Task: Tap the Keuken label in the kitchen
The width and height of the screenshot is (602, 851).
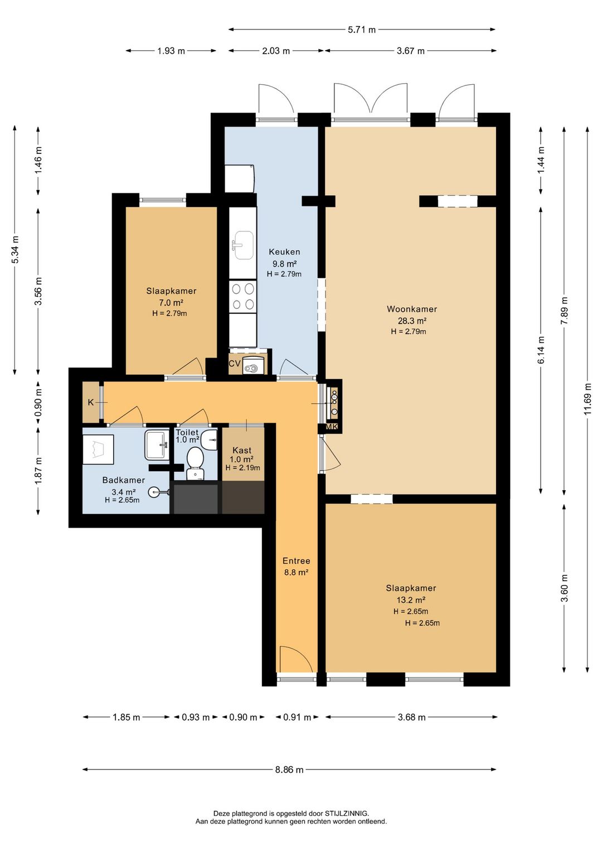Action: click(284, 252)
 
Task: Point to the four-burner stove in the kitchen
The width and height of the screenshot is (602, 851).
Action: click(242, 296)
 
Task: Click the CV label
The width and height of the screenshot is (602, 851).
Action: click(234, 364)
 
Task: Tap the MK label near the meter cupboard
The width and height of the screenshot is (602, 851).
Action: click(332, 427)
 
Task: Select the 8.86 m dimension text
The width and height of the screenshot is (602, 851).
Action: click(289, 770)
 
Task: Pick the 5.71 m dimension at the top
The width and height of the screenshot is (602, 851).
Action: click(362, 30)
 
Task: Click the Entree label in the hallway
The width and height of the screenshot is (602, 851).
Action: click(296, 561)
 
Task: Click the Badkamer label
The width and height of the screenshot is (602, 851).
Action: click(123, 480)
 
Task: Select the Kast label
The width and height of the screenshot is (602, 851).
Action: click(242, 450)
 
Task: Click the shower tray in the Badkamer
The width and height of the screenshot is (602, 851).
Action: click(98, 449)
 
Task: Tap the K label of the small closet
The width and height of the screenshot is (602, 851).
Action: click(91, 402)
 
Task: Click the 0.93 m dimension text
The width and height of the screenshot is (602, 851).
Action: click(196, 717)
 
